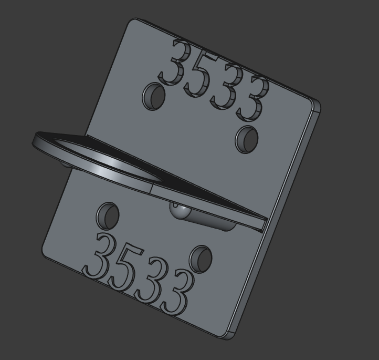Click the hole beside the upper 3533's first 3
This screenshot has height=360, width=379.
154,97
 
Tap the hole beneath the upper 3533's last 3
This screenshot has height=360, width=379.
247,139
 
